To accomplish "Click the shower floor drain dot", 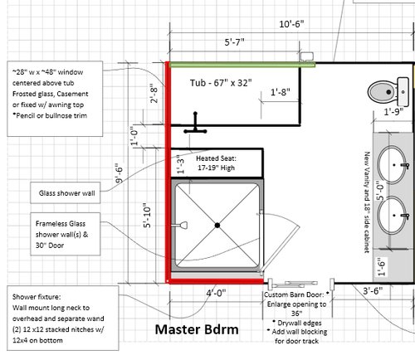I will [217, 225].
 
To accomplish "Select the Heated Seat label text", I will [219, 162].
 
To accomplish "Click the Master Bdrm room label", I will [198, 330].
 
